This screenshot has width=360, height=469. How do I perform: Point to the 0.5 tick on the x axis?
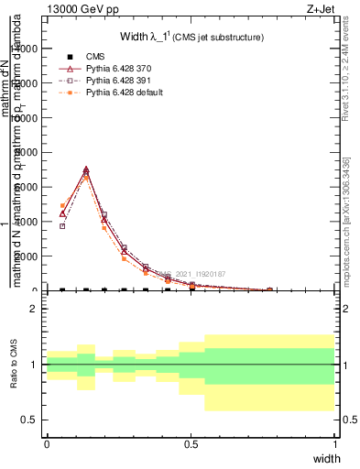(191, 443)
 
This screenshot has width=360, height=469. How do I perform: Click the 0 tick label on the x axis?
(47, 443)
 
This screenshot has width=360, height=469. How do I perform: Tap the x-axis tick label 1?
(335, 443)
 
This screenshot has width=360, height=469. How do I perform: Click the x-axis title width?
(326, 459)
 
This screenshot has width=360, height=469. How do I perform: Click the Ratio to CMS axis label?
(14, 365)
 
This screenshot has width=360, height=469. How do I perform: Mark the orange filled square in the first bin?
(62, 206)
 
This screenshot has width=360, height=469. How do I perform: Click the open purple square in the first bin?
(62, 225)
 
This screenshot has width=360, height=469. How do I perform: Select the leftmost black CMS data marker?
(62, 289)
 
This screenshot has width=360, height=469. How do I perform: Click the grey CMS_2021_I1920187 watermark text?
(193, 274)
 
